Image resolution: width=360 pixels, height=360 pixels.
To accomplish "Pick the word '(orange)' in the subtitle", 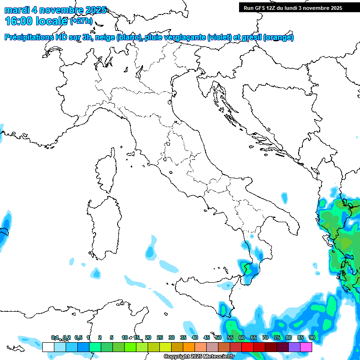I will point(278,37).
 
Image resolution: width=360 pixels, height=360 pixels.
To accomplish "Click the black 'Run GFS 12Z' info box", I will point(292,7).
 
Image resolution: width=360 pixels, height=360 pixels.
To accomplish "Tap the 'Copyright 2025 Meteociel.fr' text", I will point(199,357).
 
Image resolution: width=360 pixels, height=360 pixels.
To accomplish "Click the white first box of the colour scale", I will point(48,347).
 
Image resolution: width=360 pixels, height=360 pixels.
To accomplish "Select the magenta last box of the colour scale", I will point(306,347).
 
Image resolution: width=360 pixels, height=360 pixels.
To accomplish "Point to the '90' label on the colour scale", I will point(312,338).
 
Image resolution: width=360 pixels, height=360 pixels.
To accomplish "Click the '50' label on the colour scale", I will point(218,338).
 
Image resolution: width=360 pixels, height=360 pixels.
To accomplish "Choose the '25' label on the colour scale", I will point(160,338).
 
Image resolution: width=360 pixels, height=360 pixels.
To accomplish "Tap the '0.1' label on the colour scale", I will point(55,338).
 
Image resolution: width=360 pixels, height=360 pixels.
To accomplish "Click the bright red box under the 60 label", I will point(247,347).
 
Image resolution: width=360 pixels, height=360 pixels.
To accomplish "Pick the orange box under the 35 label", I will point(189,347).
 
